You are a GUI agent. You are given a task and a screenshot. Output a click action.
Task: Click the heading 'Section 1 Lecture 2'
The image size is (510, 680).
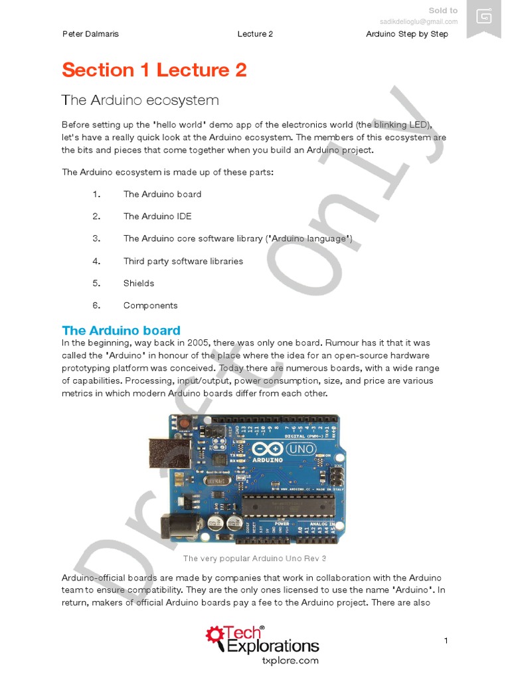(x=154, y=70)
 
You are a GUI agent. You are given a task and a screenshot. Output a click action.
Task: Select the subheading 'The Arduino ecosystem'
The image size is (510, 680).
(x=140, y=100)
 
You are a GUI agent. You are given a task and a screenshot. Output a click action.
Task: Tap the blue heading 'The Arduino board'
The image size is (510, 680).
(x=121, y=331)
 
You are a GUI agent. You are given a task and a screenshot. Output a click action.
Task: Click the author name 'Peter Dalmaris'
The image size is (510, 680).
(x=90, y=34)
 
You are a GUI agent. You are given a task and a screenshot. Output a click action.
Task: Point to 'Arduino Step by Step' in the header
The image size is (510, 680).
(x=407, y=34)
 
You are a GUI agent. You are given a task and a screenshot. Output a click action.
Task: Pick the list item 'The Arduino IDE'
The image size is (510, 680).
(x=157, y=216)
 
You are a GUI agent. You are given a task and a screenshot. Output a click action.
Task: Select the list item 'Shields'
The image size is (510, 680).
(x=139, y=284)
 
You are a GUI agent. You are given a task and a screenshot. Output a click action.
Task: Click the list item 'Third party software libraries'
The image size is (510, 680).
(x=183, y=261)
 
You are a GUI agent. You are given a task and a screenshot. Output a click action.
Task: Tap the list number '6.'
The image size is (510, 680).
(x=96, y=305)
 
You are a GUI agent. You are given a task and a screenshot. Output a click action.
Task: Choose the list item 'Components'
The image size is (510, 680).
(x=151, y=305)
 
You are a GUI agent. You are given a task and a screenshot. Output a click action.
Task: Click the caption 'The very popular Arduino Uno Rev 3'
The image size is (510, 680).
(x=255, y=558)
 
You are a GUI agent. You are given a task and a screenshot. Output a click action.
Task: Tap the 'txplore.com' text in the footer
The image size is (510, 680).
(x=291, y=661)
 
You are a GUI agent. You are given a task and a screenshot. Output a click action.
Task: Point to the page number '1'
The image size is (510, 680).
(x=446, y=640)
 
